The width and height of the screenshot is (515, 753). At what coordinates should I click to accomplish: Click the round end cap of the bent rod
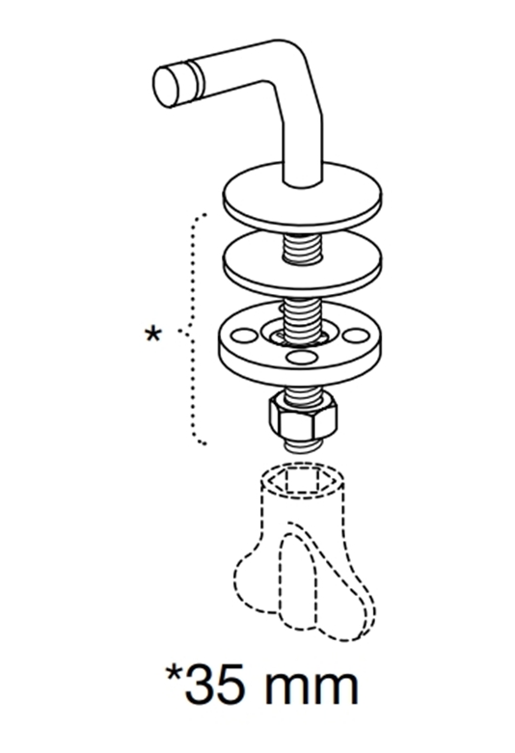(166, 87)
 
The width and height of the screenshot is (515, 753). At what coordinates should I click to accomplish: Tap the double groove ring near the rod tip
(196, 79)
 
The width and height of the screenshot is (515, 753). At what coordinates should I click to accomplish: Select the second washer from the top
(303, 264)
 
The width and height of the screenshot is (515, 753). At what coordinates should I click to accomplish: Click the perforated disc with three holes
(299, 347)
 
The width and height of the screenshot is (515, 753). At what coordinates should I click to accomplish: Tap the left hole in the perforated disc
(244, 335)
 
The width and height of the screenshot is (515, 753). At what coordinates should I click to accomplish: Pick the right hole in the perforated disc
(356, 336)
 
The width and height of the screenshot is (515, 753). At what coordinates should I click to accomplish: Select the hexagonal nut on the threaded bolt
(303, 417)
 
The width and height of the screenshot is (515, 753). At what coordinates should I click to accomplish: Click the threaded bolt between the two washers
(302, 248)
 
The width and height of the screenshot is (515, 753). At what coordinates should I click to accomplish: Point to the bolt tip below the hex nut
(302, 446)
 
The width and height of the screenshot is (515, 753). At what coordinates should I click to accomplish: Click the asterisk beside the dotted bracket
(152, 335)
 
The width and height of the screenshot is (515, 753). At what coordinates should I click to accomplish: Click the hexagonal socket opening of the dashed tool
(302, 480)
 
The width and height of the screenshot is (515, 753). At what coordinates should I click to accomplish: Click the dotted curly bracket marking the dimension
(192, 330)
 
